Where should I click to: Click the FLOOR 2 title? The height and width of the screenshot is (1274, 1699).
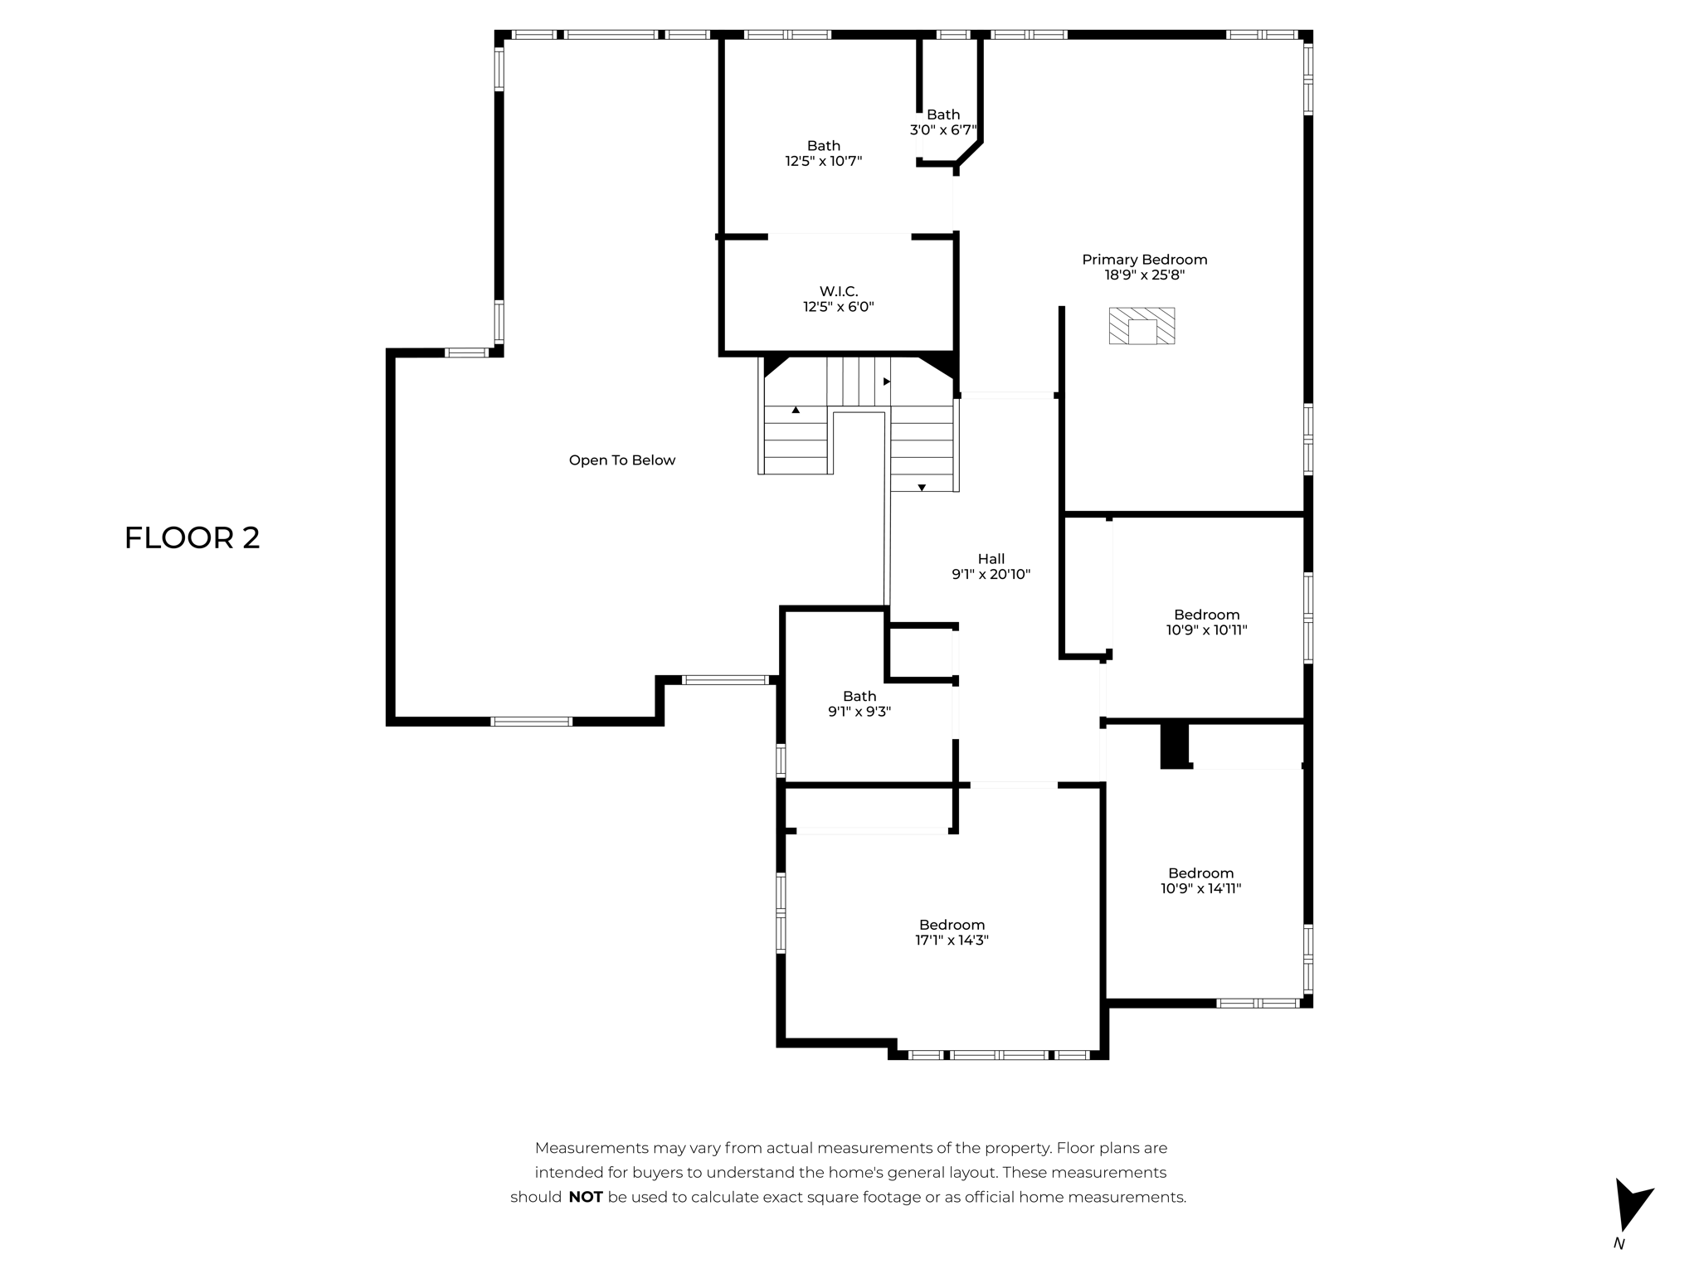192,537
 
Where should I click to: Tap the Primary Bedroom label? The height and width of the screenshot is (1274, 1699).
1144,260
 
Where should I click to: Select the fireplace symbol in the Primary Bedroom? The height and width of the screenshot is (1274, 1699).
1142,326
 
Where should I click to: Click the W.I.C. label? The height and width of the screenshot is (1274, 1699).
838,291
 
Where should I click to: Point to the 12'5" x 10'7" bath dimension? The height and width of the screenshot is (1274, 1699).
823,161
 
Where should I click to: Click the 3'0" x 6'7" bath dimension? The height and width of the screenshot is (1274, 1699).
943,130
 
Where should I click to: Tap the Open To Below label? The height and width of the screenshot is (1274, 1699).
621,460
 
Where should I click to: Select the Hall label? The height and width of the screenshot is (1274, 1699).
991,559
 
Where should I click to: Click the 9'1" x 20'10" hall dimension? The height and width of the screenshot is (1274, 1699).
991,574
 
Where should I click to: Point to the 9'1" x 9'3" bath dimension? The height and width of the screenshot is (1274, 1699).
859,712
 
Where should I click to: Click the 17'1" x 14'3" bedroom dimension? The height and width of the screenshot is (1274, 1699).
952,940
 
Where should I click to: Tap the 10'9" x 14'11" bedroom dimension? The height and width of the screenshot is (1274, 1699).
1200,888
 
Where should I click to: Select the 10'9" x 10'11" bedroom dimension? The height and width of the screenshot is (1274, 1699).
1206,630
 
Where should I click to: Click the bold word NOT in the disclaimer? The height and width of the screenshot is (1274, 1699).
585,1197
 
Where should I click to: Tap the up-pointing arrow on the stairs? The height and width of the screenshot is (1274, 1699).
796,410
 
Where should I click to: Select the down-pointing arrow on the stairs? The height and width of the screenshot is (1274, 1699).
922,488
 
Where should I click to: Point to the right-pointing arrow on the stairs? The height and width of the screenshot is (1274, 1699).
886,382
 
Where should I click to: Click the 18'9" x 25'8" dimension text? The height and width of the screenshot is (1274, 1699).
1144,275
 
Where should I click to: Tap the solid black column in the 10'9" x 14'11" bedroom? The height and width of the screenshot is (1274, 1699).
1174,746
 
